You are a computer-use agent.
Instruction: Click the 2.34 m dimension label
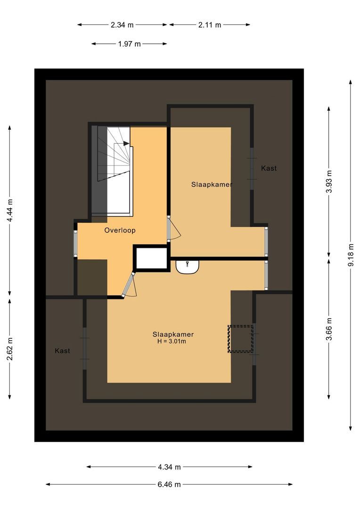coord(123,25)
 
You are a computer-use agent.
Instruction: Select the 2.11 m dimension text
coord(210,25)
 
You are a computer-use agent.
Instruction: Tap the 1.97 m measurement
coord(129,44)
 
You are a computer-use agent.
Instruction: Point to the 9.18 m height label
coord(351,255)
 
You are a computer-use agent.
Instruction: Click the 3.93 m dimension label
coord(329,181)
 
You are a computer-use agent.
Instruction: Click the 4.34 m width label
coord(169,467)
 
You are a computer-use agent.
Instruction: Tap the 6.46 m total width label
coord(169,484)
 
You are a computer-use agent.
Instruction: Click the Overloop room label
coord(120,230)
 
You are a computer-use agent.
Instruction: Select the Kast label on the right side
coord(269,168)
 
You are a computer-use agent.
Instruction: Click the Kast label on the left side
coord(62,351)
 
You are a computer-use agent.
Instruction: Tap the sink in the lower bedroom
coord(188,266)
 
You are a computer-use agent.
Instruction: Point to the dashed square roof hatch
coord(241,338)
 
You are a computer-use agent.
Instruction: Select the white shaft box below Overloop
coord(151,258)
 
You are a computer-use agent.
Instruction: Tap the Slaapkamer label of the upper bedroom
coord(212,184)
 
